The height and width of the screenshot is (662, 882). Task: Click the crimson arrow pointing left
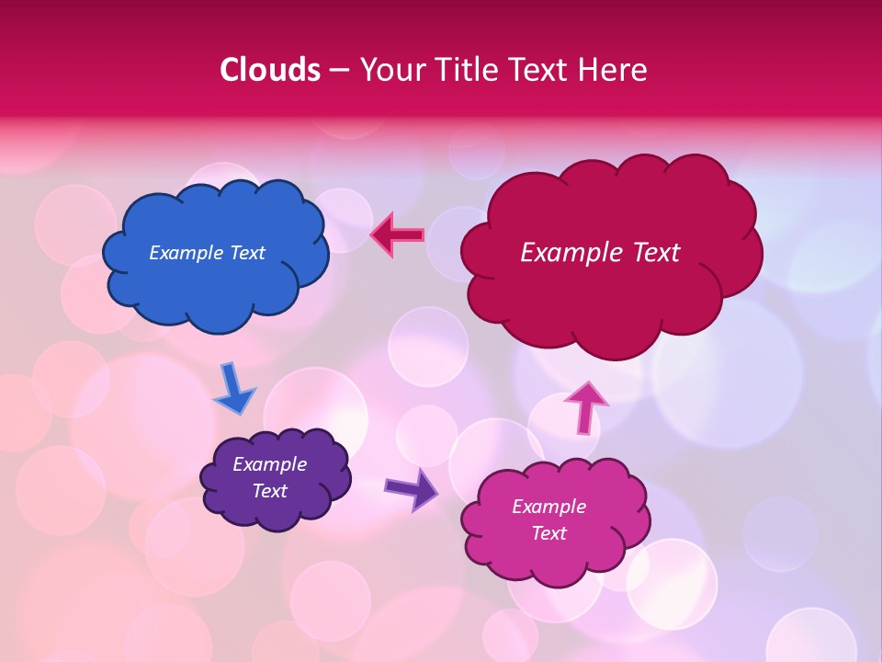[398, 235]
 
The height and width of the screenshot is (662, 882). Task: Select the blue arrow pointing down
[233, 390]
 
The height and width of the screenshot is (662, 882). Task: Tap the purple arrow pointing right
[412, 489]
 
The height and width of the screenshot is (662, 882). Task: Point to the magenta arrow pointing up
[585, 406]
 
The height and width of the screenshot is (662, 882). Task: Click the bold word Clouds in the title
[270, 70]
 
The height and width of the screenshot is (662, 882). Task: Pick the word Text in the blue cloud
[246, 253]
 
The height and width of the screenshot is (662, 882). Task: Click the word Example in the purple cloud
[270, 464]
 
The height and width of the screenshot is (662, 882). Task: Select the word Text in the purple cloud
[270, 491]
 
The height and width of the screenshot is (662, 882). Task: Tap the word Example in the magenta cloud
[548, 507]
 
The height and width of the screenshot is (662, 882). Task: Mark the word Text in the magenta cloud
[548, 533]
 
